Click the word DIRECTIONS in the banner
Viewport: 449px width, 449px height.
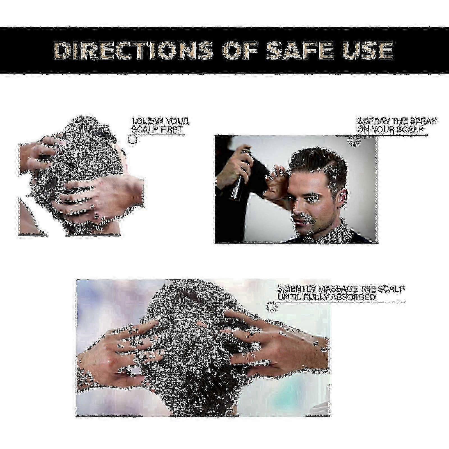pos(133,51)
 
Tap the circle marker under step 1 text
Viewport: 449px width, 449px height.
pos(132,139)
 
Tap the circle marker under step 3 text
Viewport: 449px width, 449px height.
pos(272,307)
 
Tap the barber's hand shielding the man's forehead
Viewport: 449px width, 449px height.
pos(276,181)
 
